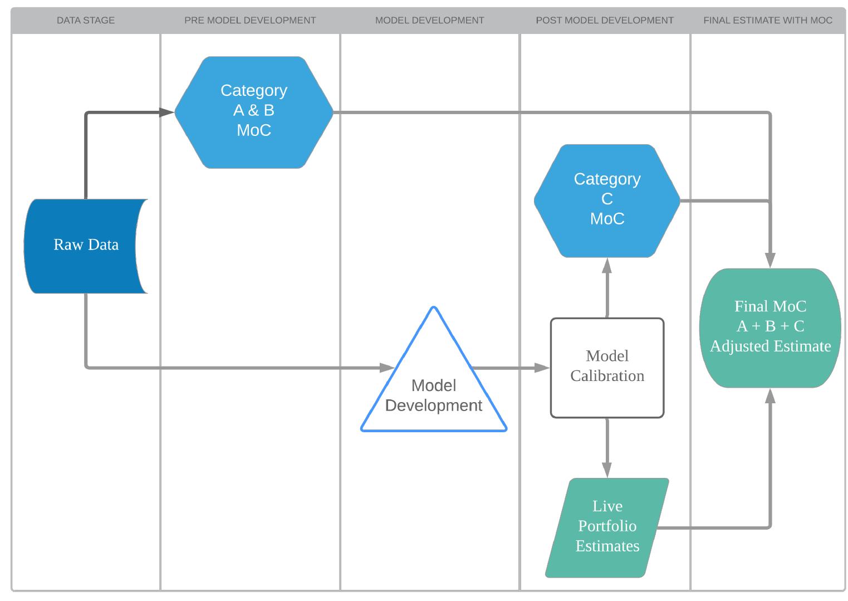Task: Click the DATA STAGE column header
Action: coord(86,21)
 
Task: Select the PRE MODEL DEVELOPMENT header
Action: coord(250,21)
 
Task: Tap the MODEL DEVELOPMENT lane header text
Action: coord(429,21)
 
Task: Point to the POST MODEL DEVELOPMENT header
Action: coord(605,21)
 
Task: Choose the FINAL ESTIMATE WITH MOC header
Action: coord(768,21)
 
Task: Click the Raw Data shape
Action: coord(86,246)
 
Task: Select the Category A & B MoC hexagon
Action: coord(254,112)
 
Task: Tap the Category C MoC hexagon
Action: coord(607,201)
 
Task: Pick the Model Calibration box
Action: coord(607,368)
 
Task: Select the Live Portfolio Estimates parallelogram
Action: coord(607,527)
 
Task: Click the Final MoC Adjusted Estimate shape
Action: coord(770,328)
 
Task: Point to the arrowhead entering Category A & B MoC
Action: coord(167,113)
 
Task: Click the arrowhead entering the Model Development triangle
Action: coord(388,368)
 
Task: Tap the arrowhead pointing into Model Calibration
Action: coord(543,368)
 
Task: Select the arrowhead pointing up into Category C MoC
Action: coord(607,266)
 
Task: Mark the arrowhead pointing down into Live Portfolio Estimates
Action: coord(607,470)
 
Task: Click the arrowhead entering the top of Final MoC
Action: coord(770,261)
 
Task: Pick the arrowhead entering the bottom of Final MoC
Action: coord(770,396)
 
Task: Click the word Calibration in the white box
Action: coord(607,376)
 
